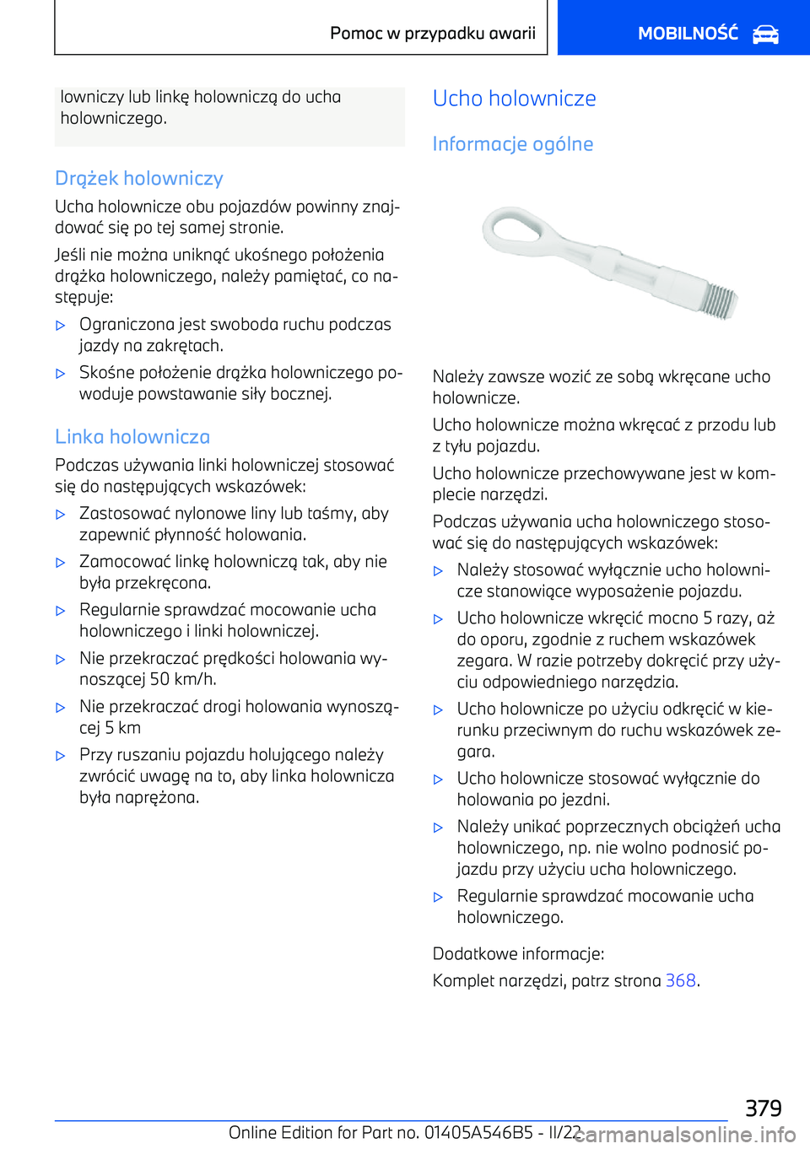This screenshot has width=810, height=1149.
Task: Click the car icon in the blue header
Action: pos(765,35)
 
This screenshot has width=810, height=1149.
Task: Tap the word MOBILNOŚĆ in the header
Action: pos(688,34)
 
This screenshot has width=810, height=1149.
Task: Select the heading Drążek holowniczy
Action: pos(139,178)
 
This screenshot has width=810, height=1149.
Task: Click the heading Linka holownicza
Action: pos(132,437)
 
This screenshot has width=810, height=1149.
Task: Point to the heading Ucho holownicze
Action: pos(515,99)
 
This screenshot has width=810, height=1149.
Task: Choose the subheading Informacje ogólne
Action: pos(513,144)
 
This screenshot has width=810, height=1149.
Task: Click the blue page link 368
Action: pos(680,980)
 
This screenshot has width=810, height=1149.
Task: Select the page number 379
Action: pos(763,1108)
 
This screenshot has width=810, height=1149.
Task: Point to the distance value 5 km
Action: pos(122,728)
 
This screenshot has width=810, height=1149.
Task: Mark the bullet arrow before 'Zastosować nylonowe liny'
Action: pos(61,514)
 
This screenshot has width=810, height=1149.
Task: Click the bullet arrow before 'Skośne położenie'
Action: pos(61,373)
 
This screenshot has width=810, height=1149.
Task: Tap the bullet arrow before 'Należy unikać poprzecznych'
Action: pos(438,828)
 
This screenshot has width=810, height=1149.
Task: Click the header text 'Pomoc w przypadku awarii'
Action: pos(433,34)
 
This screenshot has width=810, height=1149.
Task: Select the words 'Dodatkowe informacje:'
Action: pos(518,954)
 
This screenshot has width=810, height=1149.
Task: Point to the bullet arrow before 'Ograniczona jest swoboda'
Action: pos(61,325)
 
